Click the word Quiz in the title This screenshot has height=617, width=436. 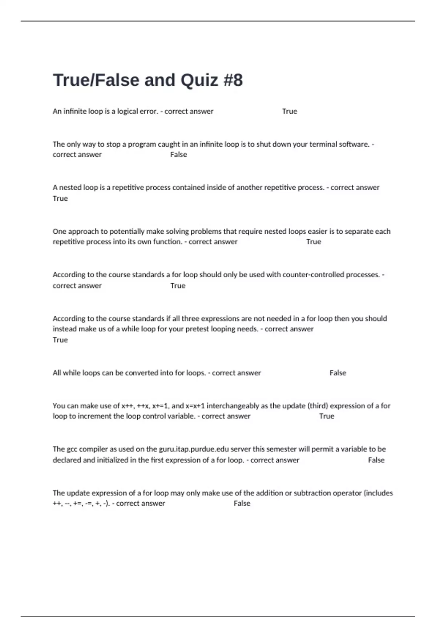coord(199,80)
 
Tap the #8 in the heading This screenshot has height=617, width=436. coord(233,80)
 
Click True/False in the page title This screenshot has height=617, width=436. coord(96,80)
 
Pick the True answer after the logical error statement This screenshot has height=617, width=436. coord(290,111)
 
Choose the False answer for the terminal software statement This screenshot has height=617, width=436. coord(178,155)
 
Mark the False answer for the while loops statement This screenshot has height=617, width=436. coord(338,373)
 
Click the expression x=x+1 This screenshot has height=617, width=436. coord(195,406)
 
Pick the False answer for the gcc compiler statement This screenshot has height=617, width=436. coord(376,460)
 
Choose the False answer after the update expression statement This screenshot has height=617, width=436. coord(242,503)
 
